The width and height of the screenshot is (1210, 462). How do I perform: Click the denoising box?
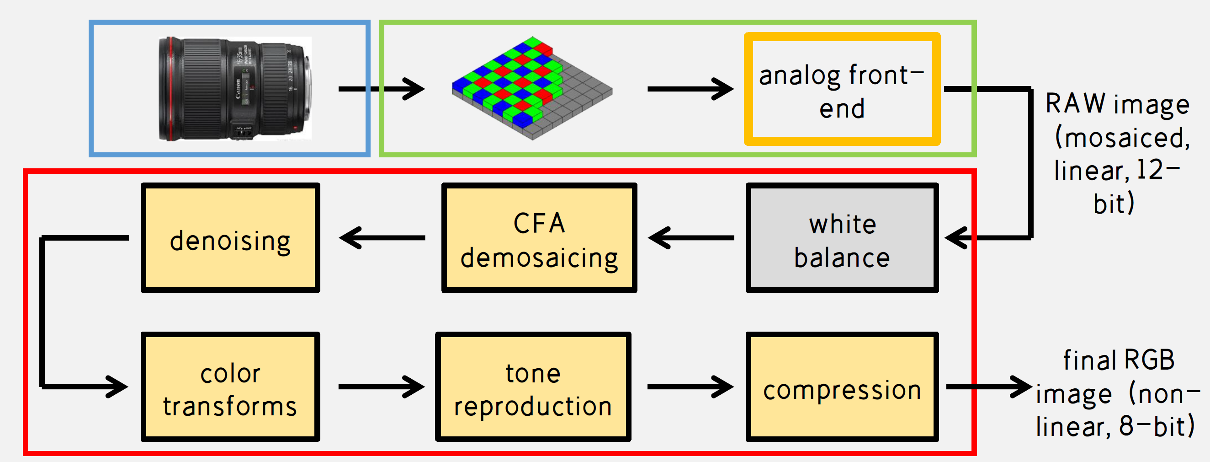(230, 238)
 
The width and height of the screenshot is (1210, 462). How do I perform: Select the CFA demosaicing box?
(539, 238)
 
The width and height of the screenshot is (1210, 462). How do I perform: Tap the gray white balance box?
(842, 238)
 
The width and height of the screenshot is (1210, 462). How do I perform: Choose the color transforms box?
(230, 387)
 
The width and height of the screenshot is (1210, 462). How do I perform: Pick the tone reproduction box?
(533, 387)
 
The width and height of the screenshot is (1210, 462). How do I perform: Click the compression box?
(842, 387)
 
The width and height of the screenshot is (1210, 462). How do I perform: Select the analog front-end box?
(842, 89)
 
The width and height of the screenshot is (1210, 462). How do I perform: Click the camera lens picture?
(235, 88)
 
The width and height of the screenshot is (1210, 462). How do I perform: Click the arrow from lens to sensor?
(382, 89)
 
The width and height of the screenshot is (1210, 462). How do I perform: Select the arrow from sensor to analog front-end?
(690, 89)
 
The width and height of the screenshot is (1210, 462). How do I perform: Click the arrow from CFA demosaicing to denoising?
(382, 238)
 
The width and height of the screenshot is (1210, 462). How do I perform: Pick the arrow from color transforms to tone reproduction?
(382, 387)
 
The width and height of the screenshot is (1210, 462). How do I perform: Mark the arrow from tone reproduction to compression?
(690, 387)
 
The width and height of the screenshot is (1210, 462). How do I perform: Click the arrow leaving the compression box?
(989, 387)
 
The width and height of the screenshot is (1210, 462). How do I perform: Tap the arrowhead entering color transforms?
(117, 387)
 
